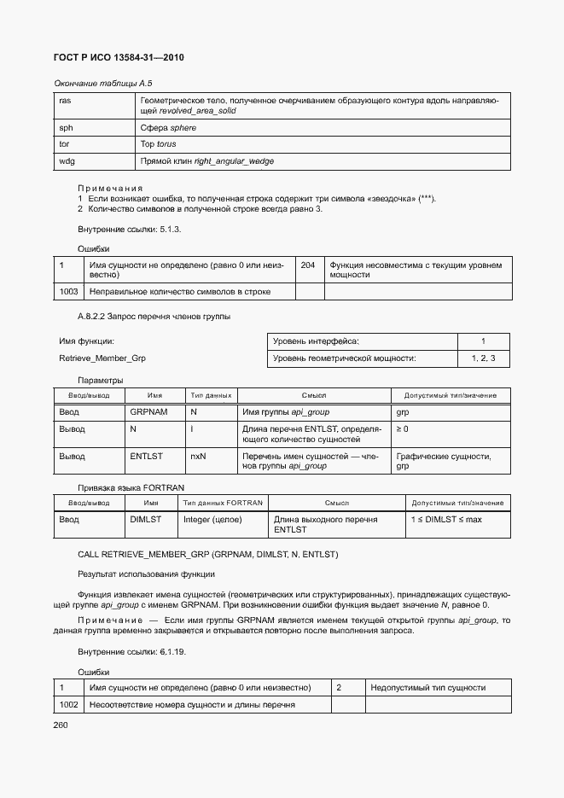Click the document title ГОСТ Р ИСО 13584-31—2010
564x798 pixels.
click(x=119, y=57)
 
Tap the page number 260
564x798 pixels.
click(x=61, y=725)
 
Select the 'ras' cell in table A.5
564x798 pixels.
click(x=65, y=101)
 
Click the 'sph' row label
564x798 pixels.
click(x=65, y=128)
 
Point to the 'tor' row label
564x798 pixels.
click(x=64, y=144)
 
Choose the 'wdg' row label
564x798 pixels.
click(x=66, y=160)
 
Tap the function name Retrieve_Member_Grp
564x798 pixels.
click(x=102, y=358)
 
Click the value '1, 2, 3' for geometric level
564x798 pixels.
click(x=482, y=358)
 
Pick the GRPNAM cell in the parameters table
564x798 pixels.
click(x=148, y=411)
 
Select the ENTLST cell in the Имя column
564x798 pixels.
click(x=146, y=457)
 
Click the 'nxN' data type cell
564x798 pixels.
click(x=198, y=457)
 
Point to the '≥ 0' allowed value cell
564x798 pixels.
click(x=402, y=428)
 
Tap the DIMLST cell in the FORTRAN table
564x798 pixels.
click(x=146, y=520)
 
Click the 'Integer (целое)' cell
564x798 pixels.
click(x=212, y=520)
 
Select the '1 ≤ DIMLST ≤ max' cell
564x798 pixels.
click(x=446, y=520)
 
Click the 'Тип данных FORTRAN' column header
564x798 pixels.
click(x=224, y=503)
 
